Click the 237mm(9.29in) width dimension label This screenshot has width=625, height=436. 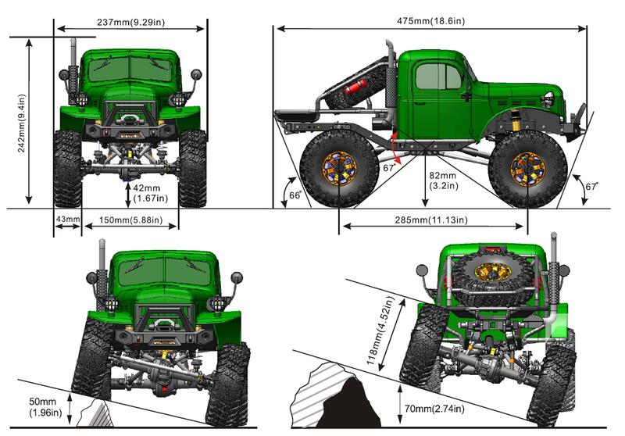pos(130,22)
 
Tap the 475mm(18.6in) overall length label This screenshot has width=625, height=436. pos(430,21)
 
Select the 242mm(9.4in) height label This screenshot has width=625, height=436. pos(22,123)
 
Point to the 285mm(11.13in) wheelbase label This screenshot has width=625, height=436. pos(431,220)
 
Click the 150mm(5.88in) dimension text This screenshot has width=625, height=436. pos(130,220)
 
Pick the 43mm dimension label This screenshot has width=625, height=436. pos(68,219)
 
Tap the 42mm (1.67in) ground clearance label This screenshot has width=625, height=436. pos(150,193)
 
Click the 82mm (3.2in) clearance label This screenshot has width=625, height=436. pos(443,180)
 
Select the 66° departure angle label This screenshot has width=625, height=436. pos(295,195)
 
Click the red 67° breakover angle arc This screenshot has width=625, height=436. pos(393,148)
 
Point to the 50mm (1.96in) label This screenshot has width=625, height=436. pos(45,407)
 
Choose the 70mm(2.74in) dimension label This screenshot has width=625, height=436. pos(434,409)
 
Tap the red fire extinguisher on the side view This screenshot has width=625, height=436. pos(355,87)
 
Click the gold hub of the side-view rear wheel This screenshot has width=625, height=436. pos(339,168)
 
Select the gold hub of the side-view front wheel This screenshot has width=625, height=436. pos(528,169)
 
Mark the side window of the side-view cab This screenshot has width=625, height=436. pos(438,77)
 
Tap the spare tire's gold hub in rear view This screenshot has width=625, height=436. pos(494,271)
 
